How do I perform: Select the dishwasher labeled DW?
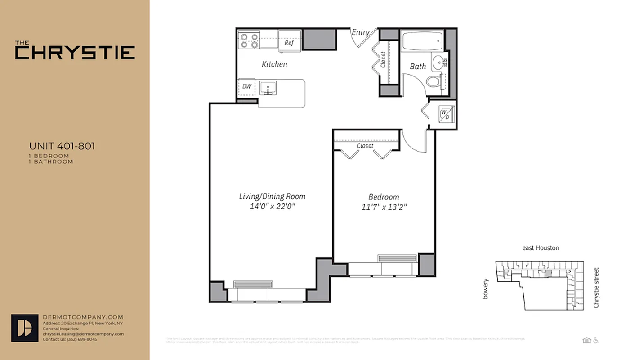(x=246, y=86)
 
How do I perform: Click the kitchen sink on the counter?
(x=268, y=88)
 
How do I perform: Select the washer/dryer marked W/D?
(x=445, y=114)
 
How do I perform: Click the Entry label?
(x=360, y=32)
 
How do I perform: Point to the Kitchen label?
(x=274, y=64)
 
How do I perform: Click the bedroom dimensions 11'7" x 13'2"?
(x=384, y=207)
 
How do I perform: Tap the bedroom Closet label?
(x=365, y=146)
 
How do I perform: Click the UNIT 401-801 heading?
(x=62, y=146)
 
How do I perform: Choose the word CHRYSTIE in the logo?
(x=75, y=53)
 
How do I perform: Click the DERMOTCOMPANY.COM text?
(x=83, y=317)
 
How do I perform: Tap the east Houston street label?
(x=541, y=248)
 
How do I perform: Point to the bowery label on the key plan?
(x=485, y=288)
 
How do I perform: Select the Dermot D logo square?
(x=24, y=328)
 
